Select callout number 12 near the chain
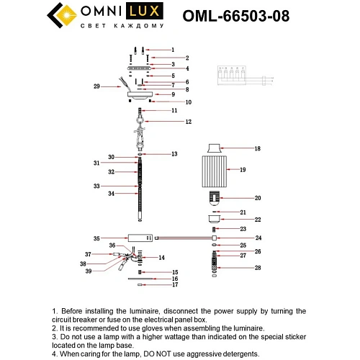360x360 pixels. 189,122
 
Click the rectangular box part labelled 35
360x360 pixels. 141,238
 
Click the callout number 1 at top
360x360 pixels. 172,50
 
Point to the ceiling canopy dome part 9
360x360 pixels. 140,94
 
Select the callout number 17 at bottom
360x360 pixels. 174,286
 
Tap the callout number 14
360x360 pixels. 162,257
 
